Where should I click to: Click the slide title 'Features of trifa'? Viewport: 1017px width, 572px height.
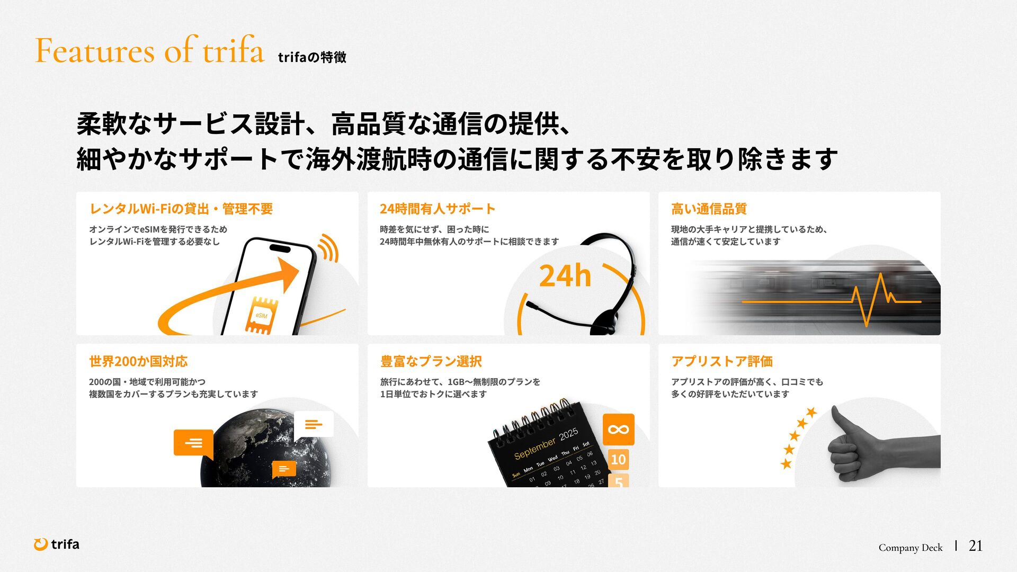click(149, 50)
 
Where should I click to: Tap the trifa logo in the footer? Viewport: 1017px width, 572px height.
click(57, 544)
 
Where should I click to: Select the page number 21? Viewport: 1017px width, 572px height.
click(976, 546)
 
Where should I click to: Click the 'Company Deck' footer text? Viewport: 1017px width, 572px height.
click(911, 548)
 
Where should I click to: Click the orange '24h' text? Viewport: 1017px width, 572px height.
click(565, 276)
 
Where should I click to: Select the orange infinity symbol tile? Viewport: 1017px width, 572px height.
click(618, 430)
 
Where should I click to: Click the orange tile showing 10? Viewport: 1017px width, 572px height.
click(618, 459)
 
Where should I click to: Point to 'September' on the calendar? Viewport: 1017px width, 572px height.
click(535, 448)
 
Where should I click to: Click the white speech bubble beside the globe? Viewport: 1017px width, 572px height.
click(314, 425)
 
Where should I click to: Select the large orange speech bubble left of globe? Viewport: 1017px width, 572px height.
click(194, 444)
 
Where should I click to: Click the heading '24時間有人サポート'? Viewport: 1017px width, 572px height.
click(438, 209)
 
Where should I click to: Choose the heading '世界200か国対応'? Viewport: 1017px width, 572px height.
click(138, 362)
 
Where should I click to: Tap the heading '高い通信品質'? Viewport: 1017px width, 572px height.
click(709, 209)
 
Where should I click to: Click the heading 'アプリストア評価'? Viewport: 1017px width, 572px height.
click(722, 362)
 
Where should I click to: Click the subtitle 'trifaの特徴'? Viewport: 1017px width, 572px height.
click(312, 57)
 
